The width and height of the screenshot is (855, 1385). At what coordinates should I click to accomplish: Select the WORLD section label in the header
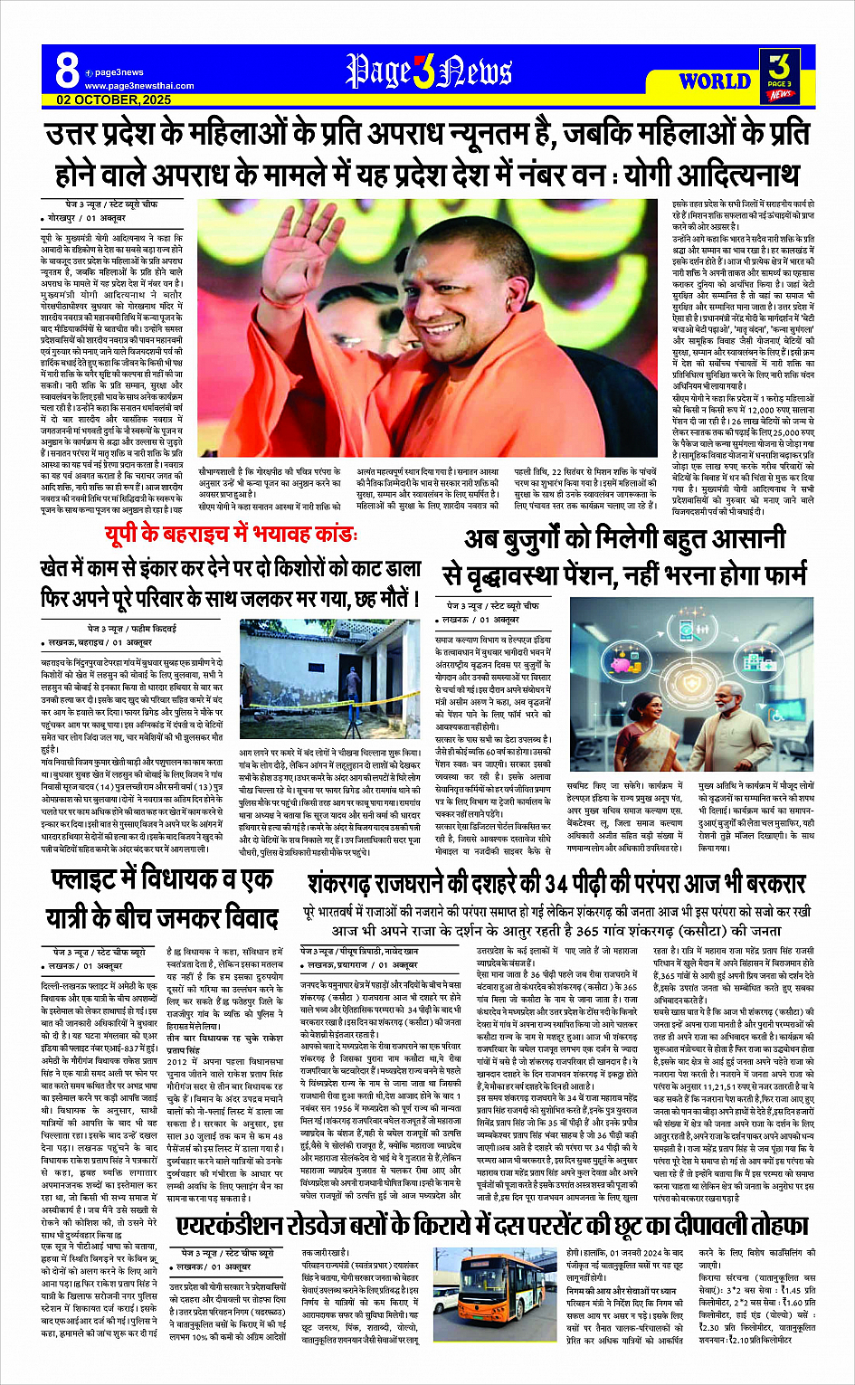click(715, 81)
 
